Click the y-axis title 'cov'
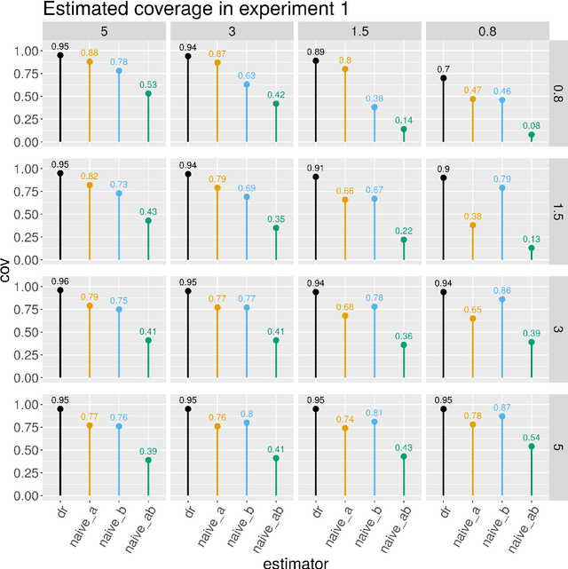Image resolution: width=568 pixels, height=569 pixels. coord(8,269)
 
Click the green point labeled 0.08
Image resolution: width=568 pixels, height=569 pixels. coord(531,135)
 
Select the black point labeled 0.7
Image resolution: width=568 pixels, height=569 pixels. coord(443,78)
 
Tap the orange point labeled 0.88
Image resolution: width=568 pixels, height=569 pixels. coord(90,62)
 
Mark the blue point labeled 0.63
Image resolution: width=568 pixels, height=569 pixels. coord(247,84)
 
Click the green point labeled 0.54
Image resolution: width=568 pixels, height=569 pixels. coord(531,447)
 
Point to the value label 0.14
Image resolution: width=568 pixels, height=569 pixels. coord(404,119)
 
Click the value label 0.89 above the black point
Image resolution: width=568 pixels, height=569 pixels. coord(315,51)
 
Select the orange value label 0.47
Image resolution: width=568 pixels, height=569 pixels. coord(472,89)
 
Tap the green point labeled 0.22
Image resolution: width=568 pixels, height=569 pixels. coord(404,240)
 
